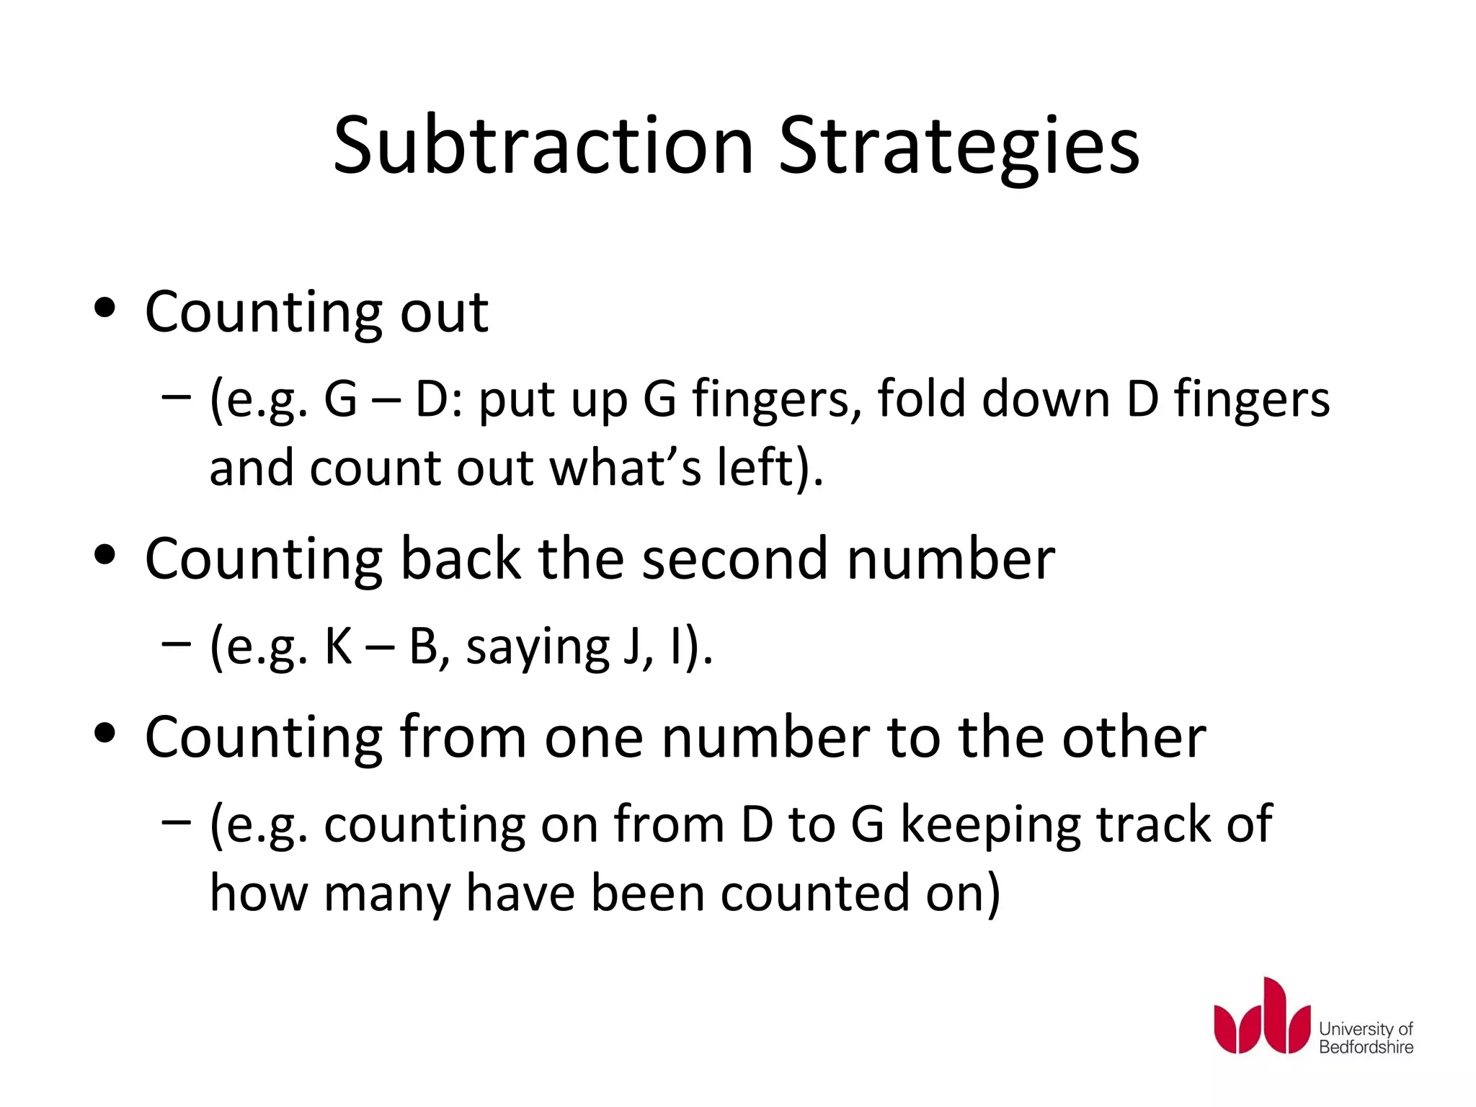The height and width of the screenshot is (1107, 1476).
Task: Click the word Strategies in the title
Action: [x=959, y=148]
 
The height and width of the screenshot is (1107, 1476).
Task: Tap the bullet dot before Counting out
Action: [x=105, y=308]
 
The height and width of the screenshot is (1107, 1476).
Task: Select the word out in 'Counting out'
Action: [x=444, y=312]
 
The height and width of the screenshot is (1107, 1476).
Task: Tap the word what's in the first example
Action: [x=625, y=468]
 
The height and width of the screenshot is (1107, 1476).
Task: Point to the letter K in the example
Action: [x=337, y=646]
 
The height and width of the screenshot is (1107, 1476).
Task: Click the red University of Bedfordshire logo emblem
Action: [x=1261, y=1017]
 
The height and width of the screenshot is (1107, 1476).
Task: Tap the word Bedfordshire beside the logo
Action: [x=1366, y=1047]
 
